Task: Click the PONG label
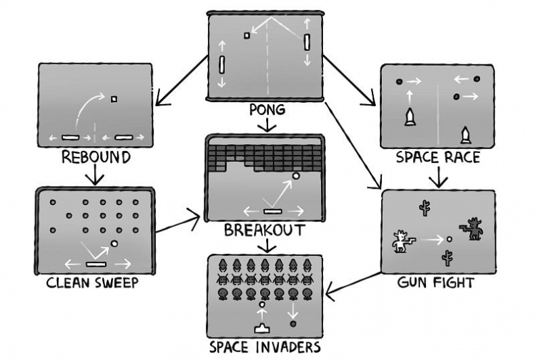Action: click(267, 109)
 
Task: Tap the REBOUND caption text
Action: click(95, 158)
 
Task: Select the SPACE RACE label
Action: click(438, 158)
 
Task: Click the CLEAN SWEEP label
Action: click(92, 282)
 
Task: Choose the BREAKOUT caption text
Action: click(265, 230)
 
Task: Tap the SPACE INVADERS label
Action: click(264, 348)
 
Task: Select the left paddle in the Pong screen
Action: click(222, 65)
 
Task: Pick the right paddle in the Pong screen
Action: click(307, 42)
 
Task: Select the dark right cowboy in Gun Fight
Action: click(473, 229)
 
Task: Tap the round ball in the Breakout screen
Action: click(295, 177)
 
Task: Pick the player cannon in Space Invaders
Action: click(261, 328)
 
